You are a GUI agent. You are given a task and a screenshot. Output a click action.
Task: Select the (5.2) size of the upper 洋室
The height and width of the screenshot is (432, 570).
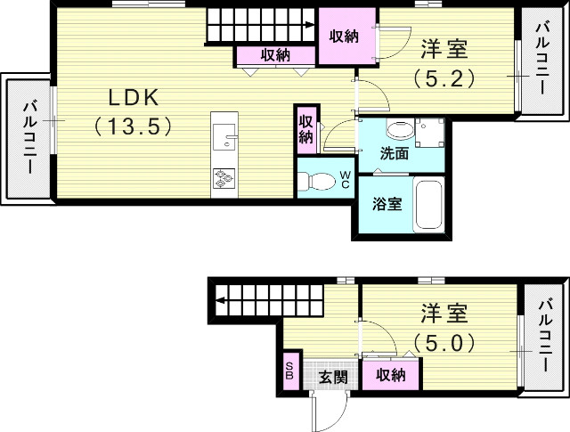click(444, 77)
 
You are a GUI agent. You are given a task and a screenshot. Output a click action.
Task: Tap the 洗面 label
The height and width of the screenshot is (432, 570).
click(395, 152)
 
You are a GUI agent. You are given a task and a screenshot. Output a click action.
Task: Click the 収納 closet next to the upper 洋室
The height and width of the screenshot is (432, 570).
click(344, 37)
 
